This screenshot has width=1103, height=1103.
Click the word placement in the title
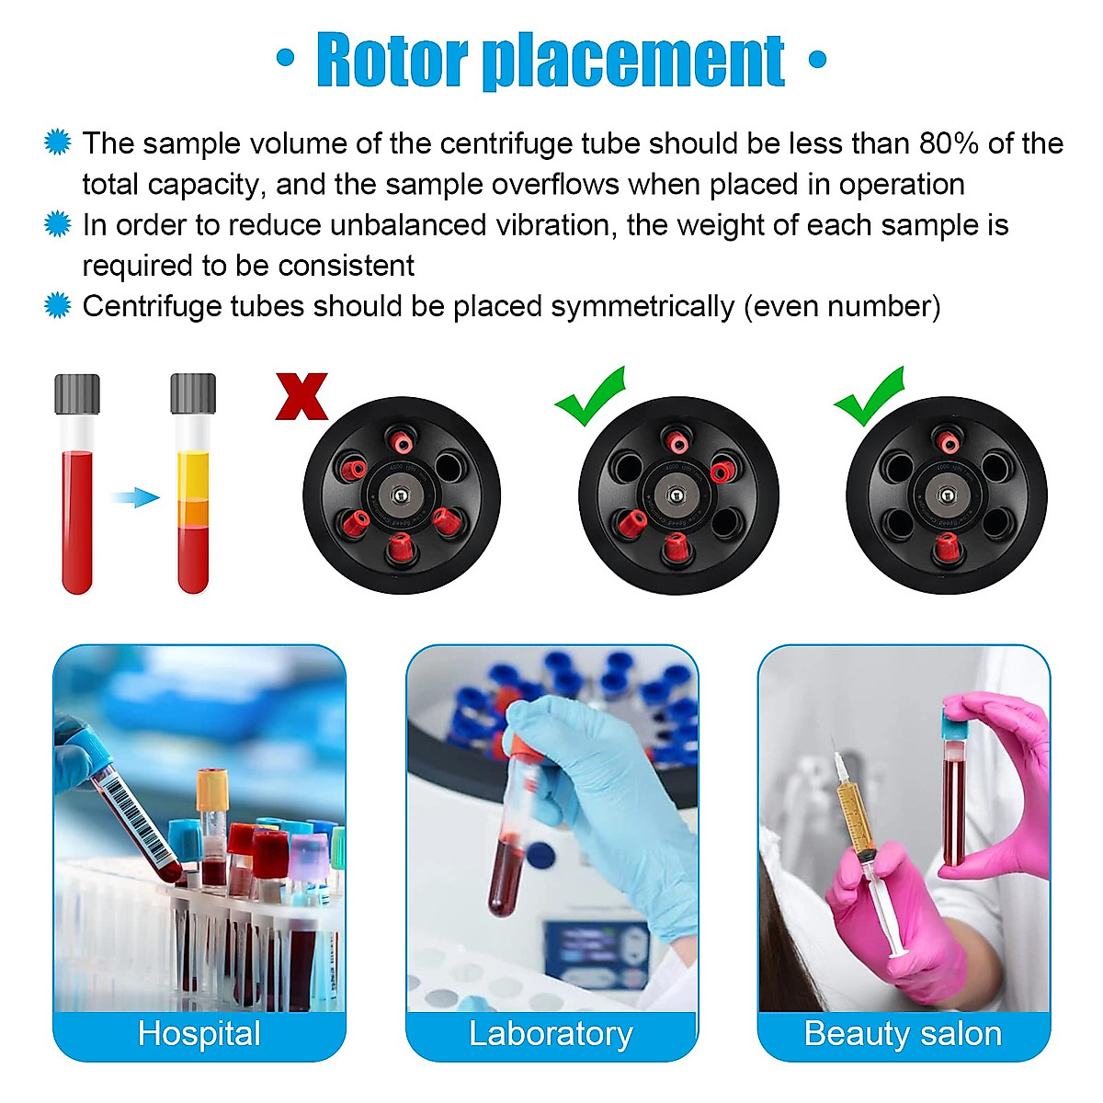634,61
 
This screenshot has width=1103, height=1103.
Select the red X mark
301,396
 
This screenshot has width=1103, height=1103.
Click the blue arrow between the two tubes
134,497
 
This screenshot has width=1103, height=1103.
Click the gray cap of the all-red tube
77,393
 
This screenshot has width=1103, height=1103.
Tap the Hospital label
199,1034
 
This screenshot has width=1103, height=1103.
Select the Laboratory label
551,1034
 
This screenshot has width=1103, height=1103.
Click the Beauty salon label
903,1034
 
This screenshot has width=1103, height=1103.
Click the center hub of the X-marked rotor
402,495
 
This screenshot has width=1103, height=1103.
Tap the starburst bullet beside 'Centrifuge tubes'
58,305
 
